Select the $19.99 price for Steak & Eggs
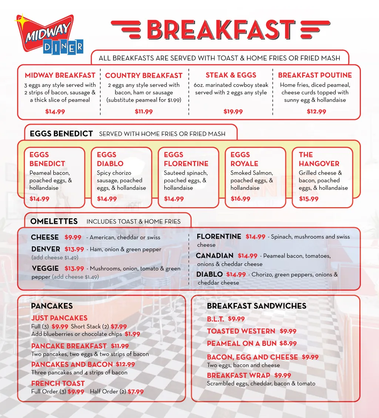(x=233, y=112)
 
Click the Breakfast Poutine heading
(x=315, y=75)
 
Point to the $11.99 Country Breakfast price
(x=144, y=112)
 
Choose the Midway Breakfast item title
(x=60, y=75)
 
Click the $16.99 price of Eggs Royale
(x=240, y=199)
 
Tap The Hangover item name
(x=319, y=159)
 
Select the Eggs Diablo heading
(x=110, y=159)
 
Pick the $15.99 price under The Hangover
(x=309, y=199)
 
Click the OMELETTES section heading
(x=54, y=222)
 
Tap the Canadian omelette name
(x=215, y=256)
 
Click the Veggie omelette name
(x=45, y=269)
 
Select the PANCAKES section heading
(x=52, y=306)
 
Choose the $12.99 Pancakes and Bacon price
(x=125, y=364)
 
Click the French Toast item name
(x=58, y=384)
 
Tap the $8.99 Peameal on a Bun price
(x=288, y=343)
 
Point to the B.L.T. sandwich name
(x=215, y=319)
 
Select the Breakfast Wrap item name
(x=238, y=375)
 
